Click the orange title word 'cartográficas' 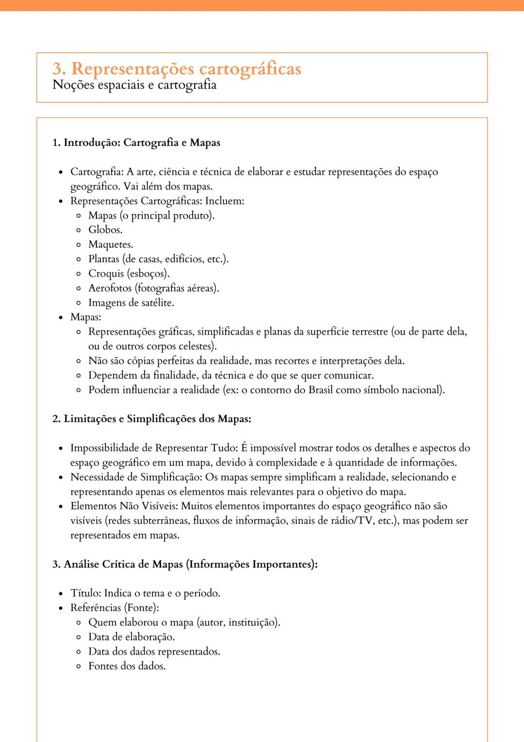point(250,69)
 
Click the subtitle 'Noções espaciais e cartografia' point(134,85)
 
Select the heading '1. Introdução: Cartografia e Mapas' point(136,143)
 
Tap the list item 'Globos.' point(105,230)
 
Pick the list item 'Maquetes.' point(111,244)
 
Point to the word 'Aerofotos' point(110,288)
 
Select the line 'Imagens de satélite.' point(131,303)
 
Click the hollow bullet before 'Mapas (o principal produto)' point(79,216)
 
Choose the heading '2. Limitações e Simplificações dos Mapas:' point(152,419)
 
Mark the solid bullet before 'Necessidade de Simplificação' point(61,477)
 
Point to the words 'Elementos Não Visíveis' point(124,506)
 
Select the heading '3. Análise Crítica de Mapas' point(185,564)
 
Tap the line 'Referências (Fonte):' point(115,608)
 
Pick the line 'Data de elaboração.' point(131,637)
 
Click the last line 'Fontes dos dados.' point(127,666)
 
